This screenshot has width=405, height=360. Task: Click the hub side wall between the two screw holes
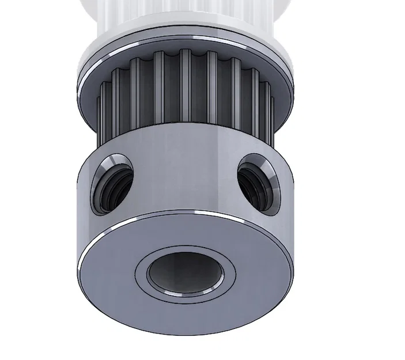[x=184, y=173]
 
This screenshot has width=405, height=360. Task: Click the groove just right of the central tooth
[x=198, y=92]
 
